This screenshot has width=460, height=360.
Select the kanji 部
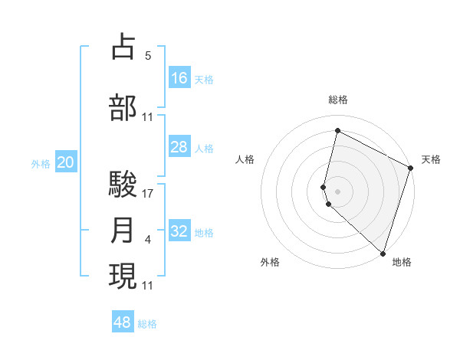click(123, 107)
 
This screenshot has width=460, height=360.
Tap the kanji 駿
click(123, 184)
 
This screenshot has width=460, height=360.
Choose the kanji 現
click(123, 276)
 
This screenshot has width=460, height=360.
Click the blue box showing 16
click(179, 77)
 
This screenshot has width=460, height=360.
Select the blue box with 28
click(179, 147)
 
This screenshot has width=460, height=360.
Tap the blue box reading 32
click(179, 231)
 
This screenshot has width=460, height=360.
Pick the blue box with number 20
click(66, 162)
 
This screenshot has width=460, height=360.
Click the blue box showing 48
click(123, 322)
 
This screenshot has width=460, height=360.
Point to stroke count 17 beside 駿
click(148, 194)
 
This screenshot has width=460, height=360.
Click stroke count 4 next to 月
click(148, 241)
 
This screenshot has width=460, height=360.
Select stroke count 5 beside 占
click(148, 56)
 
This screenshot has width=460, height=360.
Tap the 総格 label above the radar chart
click(337, 100)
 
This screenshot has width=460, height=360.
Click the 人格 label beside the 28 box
click(204, 148)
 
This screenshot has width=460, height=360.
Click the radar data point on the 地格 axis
click(383, 253)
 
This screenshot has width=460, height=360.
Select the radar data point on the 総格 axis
click(337, 131)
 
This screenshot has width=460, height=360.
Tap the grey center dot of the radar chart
click(337, 189)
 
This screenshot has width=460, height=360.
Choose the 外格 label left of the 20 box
click(41, 163)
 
